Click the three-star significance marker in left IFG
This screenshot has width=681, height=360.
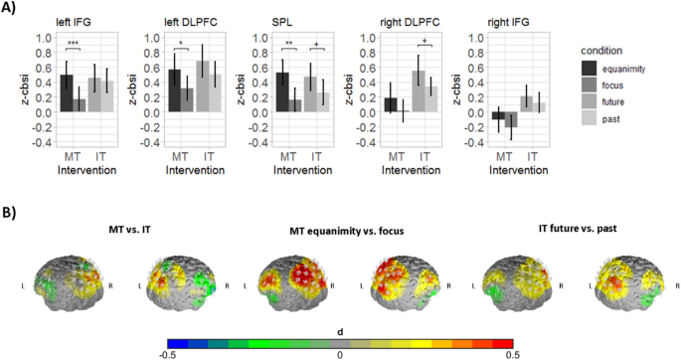pos(73,43)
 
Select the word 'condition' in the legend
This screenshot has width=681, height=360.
pos(606,48)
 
